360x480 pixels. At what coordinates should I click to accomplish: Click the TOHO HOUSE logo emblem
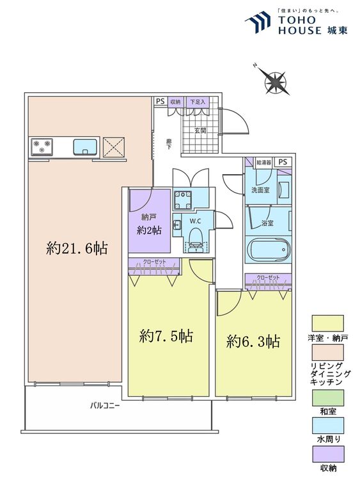258,22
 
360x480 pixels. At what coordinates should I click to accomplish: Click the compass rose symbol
275,81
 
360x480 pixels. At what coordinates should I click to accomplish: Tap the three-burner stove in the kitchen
42,147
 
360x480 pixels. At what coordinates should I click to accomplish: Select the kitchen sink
85,147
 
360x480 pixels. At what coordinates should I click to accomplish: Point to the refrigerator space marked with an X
113,148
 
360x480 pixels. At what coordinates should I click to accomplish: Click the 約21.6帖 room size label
77,248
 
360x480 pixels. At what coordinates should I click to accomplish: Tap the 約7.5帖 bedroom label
166,336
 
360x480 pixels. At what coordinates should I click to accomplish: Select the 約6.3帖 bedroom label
253,341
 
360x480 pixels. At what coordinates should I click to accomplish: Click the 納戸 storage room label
149,217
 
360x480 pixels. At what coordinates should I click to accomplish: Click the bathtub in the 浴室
267,250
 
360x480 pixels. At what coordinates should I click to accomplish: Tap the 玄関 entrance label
200,131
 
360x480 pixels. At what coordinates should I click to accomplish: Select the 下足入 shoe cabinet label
198,102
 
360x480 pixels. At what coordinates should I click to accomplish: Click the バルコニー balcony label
105,406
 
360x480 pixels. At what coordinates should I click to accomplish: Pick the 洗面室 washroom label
260,190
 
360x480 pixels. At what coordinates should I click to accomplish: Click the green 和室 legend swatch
327,397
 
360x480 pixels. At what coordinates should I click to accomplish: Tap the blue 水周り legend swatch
327,426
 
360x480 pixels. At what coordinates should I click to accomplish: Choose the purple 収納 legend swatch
327,454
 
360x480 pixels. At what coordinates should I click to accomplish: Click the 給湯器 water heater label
264,163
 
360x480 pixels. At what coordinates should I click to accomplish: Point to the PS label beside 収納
160,101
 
